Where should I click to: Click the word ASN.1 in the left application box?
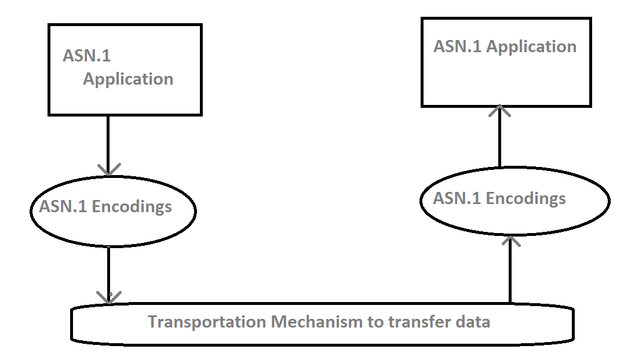click(x=87, y=56)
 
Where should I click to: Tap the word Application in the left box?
click(x=128, y=79)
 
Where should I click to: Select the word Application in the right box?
click(x=531, y=46)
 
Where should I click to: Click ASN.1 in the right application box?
click(x=458, y=46)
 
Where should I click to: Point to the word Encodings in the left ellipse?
click(x=132, y=206)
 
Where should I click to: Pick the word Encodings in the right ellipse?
click(x=526, y=198)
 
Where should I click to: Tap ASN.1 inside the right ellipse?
click(x=457, y=198)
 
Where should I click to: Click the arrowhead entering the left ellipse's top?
click(x=108, y=169)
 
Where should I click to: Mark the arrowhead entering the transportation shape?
click(x=109, y=297)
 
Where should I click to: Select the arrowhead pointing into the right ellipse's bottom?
click(x=510, y=239)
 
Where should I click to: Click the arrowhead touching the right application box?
click(x=499, y=111)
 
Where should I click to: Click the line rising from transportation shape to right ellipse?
click(x=510, y=272)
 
